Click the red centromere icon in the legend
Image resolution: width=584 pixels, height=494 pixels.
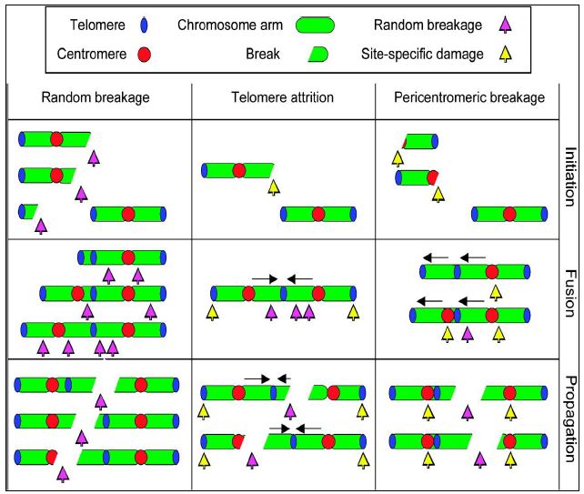click(x=144, y=54)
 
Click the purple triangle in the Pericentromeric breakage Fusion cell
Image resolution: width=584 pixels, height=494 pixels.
click(x=468, y=334)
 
